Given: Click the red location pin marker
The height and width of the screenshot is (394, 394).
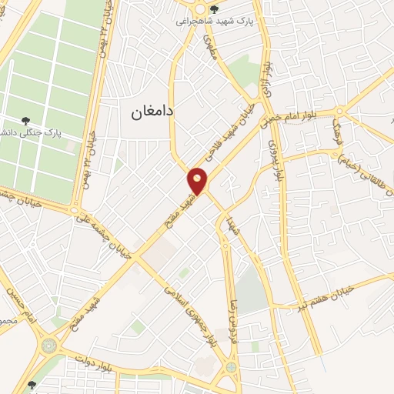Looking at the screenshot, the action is (x=198, y=181).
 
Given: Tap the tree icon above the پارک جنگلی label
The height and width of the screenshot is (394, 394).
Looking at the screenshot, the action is (x=26, y=120).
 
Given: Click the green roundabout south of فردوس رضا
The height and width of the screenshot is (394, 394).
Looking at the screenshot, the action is (x=232, y=367).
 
